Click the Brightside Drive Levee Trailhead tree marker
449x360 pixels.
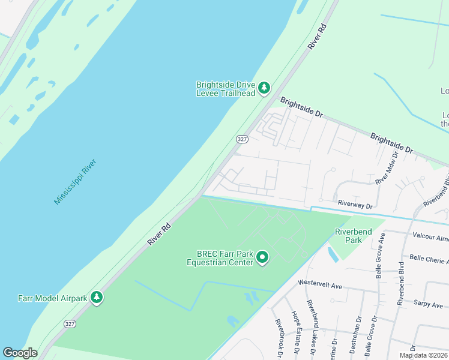264,89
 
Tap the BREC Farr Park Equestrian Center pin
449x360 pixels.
262,258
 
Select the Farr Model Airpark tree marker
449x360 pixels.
96,298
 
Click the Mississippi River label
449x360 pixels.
75,182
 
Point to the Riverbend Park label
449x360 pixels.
354,236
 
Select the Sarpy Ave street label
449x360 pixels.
428,304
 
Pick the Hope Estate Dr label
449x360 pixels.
295,331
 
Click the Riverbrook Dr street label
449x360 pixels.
279,339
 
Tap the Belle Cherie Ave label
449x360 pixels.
429,259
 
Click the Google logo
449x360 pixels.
20,353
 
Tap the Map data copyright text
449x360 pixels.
423,355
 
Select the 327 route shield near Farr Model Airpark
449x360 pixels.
70,323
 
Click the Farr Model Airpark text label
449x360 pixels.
52,298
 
